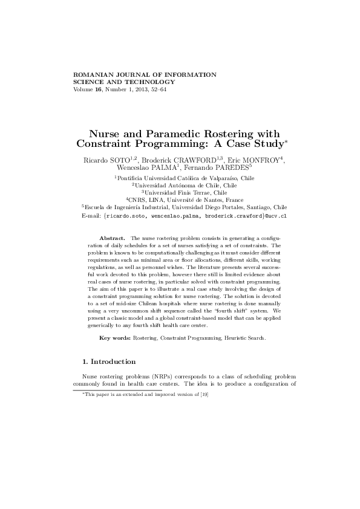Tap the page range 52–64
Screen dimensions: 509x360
coord(157,89)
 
